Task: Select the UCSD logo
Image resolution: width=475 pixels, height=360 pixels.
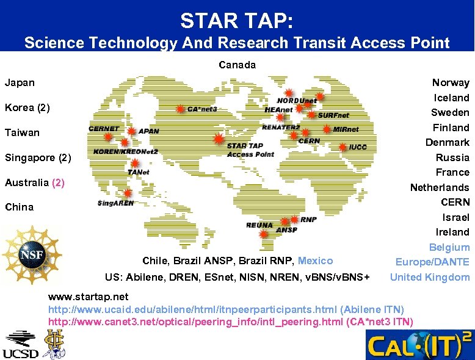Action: (x=20, y=345)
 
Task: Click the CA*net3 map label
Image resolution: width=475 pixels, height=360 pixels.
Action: (x=202, y=109)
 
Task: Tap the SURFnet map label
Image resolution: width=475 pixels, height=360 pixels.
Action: (x=333, y=115)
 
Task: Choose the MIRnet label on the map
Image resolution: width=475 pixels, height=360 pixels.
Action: (x=346, y=129)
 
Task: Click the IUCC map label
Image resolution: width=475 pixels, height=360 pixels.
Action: (x=358, y=147)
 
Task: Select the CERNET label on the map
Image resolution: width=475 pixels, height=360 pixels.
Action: (x=104, y=129)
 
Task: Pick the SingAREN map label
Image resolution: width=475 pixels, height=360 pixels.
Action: (x=115, y=203)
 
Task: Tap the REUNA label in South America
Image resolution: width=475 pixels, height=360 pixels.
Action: (x=259, y=225)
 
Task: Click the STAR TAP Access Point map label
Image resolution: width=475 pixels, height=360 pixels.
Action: (x=250, y=150)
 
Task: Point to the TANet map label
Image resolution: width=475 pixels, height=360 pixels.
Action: (x=139, y=173)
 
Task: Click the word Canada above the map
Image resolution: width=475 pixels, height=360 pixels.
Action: (x=237, y=65)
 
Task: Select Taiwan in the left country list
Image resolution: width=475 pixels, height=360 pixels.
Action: (x=22, y=132)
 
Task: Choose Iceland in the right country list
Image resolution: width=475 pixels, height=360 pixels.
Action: (x=451, y=98)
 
